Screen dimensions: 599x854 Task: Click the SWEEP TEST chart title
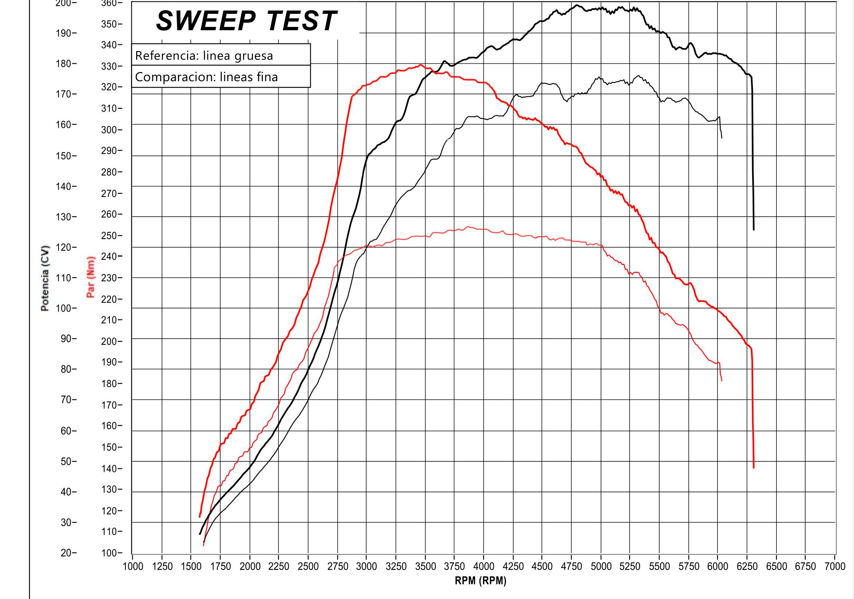[246, 21]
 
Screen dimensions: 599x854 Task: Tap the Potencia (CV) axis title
[45, 278]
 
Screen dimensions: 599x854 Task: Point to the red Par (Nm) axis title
[90, 277]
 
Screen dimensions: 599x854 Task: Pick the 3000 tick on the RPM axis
[366, 566]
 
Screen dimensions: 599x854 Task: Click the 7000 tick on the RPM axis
[835, 566]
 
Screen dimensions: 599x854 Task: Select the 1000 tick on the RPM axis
[133, 566]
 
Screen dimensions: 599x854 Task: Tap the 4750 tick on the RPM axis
[571, 566]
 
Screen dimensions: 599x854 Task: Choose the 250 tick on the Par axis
[109, 236]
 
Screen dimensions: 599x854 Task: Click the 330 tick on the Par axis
[109, 66]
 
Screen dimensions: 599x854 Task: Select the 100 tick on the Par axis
[109, 553]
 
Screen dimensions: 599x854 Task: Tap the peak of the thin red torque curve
[468, 227]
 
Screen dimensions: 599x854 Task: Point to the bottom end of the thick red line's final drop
[754, 468]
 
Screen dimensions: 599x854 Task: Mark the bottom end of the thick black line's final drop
[754, 229]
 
